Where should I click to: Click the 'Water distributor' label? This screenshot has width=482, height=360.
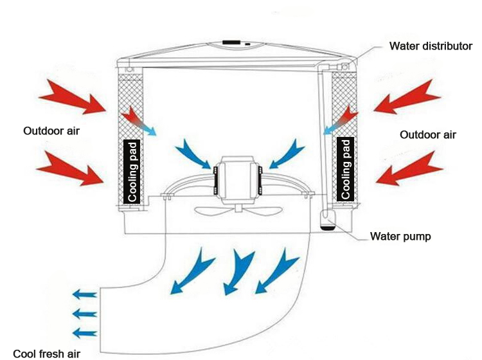pos(431,46)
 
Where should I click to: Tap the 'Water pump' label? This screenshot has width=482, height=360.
pos(400,236)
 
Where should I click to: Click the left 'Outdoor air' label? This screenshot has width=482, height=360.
pos(52,131)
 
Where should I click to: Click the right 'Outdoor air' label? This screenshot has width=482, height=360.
pos(428,135)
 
